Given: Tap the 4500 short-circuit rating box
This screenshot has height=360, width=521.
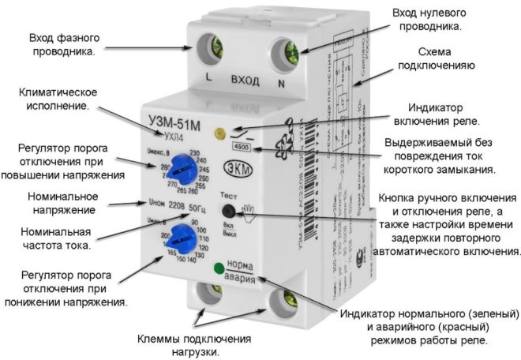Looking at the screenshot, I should point(239,148).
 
